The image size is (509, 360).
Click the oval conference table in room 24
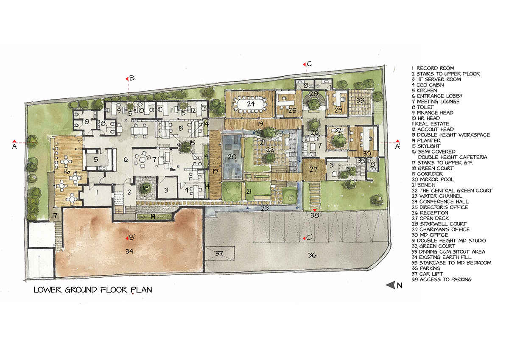tap(251, 104)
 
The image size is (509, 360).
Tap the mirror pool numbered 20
tap(232, 157)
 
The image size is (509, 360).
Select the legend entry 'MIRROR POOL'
tap(433, 179)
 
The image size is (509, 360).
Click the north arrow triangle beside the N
tap(390, 285)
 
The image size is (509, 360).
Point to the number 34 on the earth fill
tap(129, 251)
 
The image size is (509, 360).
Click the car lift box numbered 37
tap(220, 253)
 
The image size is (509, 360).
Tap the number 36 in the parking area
tap(312, 255)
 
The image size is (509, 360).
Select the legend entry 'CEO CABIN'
tap(428, 85)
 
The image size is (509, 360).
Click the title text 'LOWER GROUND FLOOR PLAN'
tap(93, 290)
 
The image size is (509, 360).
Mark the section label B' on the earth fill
tap(131, 237)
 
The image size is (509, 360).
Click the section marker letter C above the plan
tap(310, 64)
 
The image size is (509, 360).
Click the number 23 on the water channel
tap(265, 208)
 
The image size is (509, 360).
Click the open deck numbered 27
tap(313, 169)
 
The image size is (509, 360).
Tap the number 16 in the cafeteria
tap(67, 171)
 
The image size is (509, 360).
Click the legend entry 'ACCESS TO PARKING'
tap(442, 279)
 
